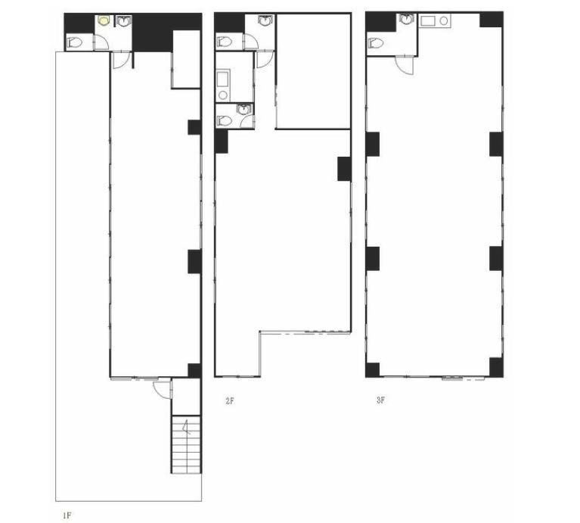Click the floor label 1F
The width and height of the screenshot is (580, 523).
(x=67, y=515)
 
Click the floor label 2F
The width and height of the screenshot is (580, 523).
(x=230, y=401)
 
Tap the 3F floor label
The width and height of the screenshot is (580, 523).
(x=380, y=400)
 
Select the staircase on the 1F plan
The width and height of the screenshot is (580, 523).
(x=186, y=444)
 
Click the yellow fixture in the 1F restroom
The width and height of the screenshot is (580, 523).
(x=103, y=20)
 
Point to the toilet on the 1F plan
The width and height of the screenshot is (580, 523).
(x=74, y=42)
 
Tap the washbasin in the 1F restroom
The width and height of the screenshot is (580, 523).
(x=123, y=20)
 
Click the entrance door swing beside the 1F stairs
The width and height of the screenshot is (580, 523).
(x=163, y=389)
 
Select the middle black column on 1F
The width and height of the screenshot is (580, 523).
(x=194, y=262)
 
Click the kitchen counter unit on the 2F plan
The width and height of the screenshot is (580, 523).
(x=223, y=85)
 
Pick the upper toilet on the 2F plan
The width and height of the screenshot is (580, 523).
(x=225, y=42)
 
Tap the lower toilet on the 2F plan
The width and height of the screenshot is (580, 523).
(x=225, y=120)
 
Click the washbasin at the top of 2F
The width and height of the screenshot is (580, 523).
(x=264, y=20)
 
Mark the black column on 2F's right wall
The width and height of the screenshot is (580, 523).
(x=344, y=169)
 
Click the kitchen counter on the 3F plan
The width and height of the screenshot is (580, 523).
(x=435, y=20)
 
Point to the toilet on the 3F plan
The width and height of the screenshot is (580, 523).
(x=376, y=43)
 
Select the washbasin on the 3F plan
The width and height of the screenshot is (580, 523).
(x=407, y=20)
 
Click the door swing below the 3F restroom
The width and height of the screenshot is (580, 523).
(x=405, y=66)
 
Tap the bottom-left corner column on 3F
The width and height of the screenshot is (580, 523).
(x=373, y=370)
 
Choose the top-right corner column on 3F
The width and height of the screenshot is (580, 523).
(x=492, y=20)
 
